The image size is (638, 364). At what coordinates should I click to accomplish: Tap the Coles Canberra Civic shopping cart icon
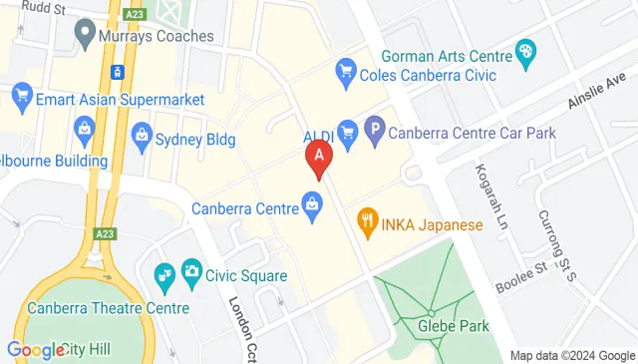347,70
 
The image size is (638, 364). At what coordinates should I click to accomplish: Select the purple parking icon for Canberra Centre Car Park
375,129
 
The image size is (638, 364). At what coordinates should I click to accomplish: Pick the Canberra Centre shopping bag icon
312,206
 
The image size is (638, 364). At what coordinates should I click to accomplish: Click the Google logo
35,350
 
